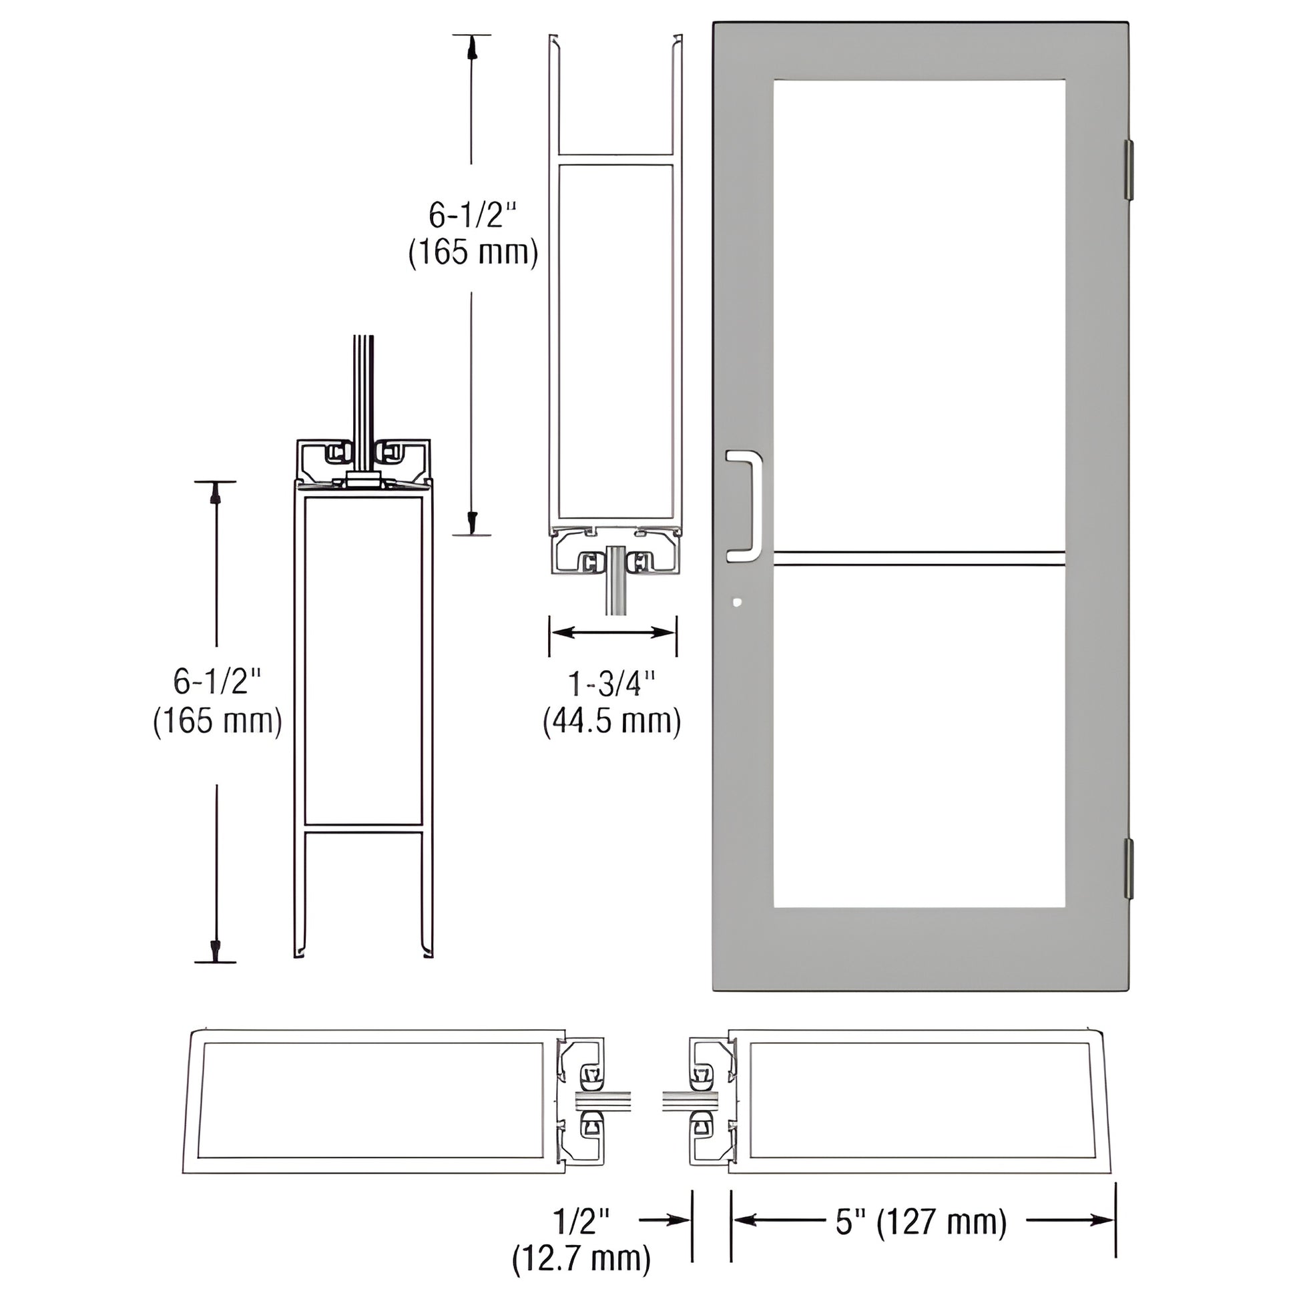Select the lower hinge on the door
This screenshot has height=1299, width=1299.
1129,868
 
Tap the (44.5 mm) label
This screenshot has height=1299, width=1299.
613,721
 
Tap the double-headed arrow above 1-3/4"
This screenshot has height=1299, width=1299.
613,632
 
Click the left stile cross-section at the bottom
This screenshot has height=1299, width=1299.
373,1101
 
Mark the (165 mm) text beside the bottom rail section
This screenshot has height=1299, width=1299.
217,722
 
